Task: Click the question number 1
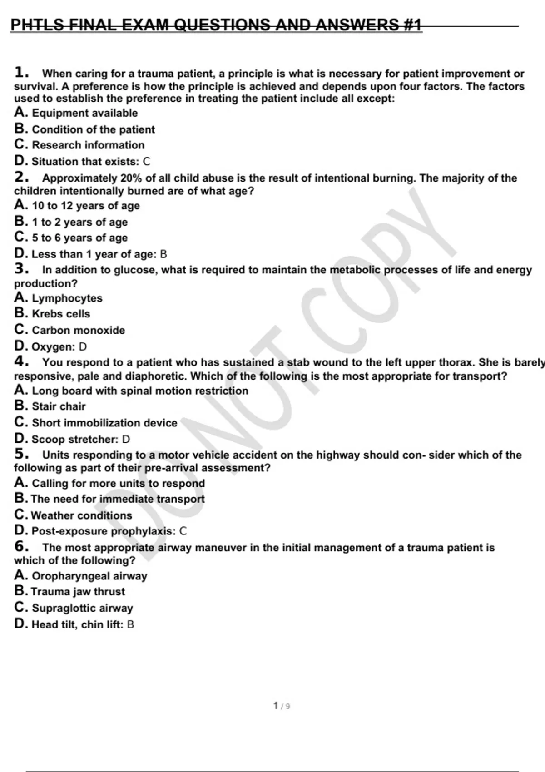pos(21,72)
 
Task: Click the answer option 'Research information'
pos(88,145)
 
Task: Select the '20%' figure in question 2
pos(131,178)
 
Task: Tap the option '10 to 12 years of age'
pos(85,206)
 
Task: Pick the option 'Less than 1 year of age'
pos(93,254)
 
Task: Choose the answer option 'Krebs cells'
pos(61,314)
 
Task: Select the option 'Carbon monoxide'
pos(78,330)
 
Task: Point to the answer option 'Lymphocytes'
pos(67,298)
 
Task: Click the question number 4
pos(21,362)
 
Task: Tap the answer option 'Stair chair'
pos(59,406)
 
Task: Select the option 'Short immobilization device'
pos(104,423)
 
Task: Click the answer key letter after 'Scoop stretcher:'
pos(126,440)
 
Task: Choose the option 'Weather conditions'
pos(81,515)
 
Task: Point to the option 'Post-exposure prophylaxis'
pos(103,531)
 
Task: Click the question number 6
pos(21,547)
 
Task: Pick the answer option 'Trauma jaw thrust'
pos(78,592)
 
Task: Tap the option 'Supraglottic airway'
pos(82,608)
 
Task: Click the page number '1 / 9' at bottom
pos(282,706)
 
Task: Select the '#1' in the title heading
pos(412,25)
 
